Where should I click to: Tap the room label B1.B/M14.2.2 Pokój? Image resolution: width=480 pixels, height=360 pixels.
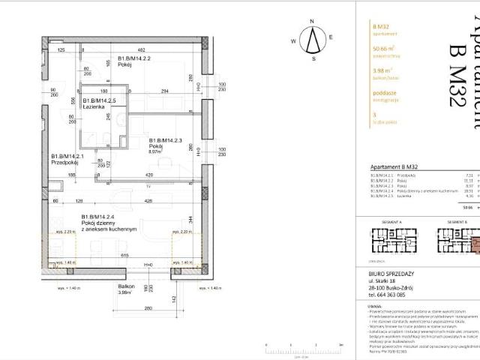coord(135,61)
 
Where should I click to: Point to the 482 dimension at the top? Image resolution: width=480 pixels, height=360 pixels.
coord(139,50)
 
